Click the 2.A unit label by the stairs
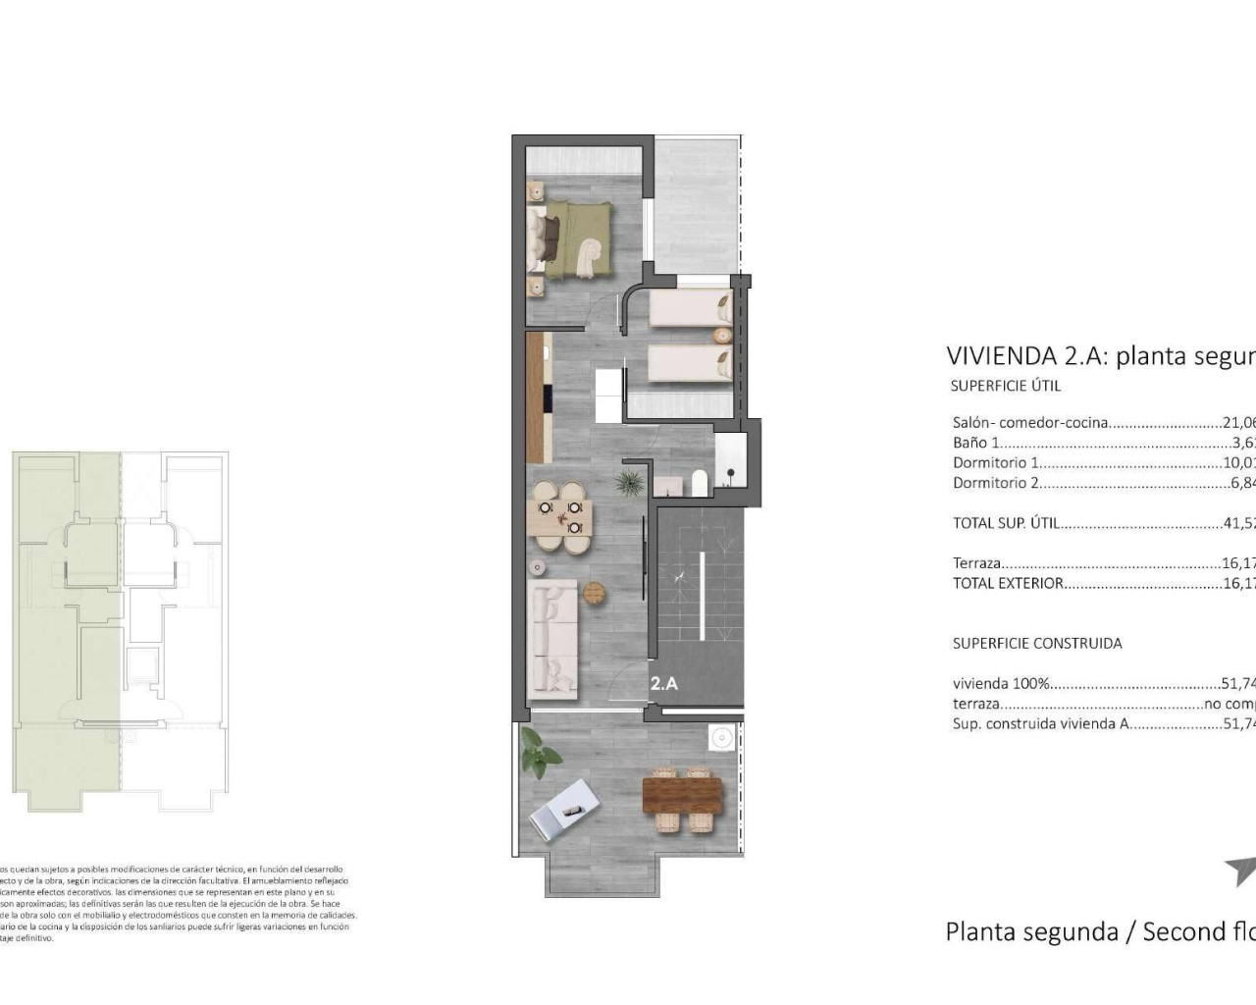[x=664, y=683]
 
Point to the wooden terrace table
[x=683, y=796]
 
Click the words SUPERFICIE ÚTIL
[x=1006, y=386]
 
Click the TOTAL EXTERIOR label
[x=1008, y=583]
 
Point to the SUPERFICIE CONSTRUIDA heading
[x=1037, y=644]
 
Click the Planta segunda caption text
[x=1031, y=931]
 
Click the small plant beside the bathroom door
[x=628, y=482]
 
